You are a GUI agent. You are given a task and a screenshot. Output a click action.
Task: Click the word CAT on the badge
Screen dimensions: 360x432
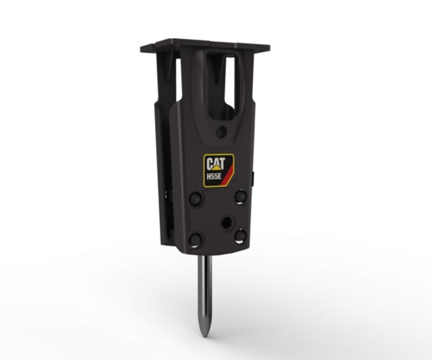pos(215,163)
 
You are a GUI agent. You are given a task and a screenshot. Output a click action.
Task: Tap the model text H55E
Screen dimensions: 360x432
pos(213,174)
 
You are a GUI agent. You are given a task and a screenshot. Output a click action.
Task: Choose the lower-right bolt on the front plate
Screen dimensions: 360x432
pos(240,235)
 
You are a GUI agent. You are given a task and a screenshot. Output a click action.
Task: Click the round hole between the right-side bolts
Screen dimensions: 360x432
pos(225,221)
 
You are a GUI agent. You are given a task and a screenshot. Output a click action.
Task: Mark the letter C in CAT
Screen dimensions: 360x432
pos(209,163)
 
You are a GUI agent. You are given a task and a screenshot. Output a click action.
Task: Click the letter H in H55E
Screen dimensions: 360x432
pos(208,174)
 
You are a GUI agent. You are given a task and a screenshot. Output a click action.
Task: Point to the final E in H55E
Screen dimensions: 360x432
pos(220,174)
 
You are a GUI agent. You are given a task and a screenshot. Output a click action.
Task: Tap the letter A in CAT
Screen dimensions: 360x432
pos(215,163)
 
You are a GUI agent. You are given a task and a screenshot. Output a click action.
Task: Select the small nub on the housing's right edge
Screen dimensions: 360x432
pos(253,176)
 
